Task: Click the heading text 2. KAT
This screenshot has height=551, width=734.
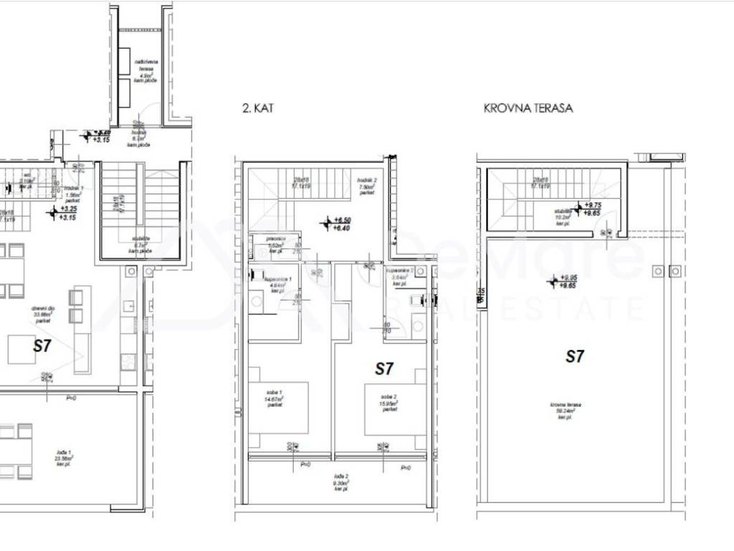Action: pyautogui.click(x=258, y=109)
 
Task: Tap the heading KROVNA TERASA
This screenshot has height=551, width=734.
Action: pyautogui.click(x=528, y=109)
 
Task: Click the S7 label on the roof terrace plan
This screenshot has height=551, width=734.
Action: pyautogui.click(x=574, y=357)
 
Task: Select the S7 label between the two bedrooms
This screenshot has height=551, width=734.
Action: pyautogui.click(x=385, y=369)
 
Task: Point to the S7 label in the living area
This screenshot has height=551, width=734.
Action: pyautogui.click(x=42, y=345)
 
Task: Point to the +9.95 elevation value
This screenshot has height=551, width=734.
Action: pyautogui.click(x=570, y=278)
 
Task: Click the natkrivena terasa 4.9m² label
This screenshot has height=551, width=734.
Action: pyautogui.click(x=146, y=72)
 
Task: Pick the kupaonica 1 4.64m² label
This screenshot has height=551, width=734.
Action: pyautogui.click(x=277, y=282)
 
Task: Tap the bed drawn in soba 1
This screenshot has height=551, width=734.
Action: pyautogui.click(x=279, y=408)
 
